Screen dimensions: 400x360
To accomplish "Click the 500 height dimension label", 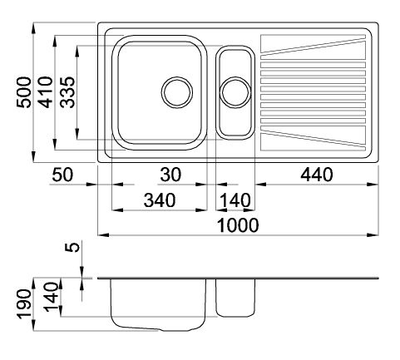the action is pos(24,92).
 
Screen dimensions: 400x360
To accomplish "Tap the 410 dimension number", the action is pos(46,92).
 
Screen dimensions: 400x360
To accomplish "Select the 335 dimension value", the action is pos(67,92).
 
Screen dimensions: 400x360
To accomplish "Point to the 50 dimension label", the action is pos(63,175).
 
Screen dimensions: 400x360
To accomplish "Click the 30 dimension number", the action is pos(170,175).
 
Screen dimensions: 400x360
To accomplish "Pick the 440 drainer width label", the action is pos(317,175).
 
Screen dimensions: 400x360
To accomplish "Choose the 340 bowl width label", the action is pos(160,200).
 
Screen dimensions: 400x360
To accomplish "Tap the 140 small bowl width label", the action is pos(235,200).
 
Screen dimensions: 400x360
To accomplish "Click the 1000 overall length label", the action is pos(238,225).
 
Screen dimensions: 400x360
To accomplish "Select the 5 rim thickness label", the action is pos(72,247).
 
